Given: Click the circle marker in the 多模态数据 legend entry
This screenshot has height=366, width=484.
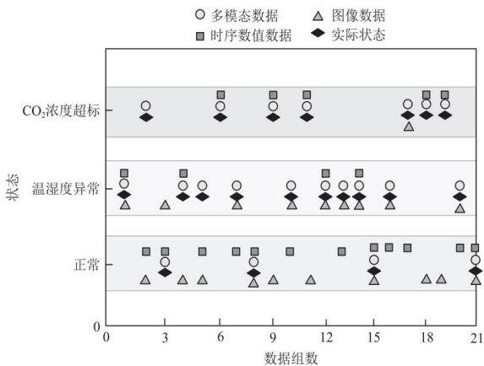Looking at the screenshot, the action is [200, 14].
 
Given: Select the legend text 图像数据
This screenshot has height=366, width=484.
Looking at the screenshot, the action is [358, 15].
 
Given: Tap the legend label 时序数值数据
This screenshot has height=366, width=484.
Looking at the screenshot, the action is [251, 35].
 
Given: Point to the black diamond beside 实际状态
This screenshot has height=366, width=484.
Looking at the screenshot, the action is [318, 33].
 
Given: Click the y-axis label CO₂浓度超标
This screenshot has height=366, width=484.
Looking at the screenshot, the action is [61, 110].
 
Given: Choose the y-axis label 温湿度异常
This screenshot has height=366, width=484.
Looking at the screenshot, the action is [66, 189].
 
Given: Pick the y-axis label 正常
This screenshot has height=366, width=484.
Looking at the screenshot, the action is [87, 264].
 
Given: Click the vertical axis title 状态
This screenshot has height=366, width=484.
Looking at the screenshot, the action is [13, 187].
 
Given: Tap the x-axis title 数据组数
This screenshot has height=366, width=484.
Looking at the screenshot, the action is [291, 358].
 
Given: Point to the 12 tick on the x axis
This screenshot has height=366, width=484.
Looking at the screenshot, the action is [326, 337].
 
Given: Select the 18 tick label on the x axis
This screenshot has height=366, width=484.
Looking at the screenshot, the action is [427, 337].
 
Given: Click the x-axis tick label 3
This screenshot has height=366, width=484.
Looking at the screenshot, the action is [165, 337].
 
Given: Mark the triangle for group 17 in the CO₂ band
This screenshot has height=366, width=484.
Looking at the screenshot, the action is [409, 126].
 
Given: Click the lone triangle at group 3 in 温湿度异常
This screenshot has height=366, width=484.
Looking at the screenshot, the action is [166, 205].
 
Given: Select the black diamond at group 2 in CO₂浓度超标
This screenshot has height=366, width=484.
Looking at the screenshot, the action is [146, 117].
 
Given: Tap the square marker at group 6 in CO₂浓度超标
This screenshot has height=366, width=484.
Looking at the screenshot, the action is [220, 94].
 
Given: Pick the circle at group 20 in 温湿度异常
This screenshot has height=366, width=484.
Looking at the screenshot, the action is [460, 186].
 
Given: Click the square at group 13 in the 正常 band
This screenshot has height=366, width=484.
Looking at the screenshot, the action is [341, 251].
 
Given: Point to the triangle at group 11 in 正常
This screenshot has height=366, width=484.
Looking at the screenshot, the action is [311, 280].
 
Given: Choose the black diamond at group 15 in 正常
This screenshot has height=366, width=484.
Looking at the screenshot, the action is [374, 271].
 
